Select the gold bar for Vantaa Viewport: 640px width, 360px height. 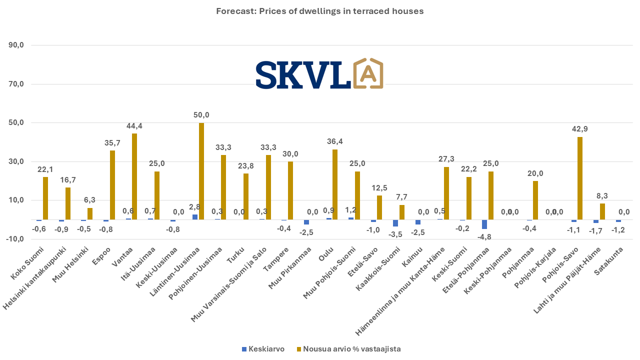pyautogui.click(x=134, y=176)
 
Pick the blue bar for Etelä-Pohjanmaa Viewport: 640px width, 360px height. pyautogui.click(x=484, y=224)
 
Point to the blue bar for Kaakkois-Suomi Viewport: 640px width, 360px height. pyautogui.click(x=395, y=223)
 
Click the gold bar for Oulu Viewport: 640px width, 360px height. pyautogui.click(x=335, y=184)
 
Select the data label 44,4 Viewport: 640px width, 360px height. pyautogui.click(x=135, y=126)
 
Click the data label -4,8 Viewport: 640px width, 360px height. pyautogui.click(x=484, y=236)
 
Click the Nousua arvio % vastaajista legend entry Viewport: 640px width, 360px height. pyautogui.click(x=352, y=349)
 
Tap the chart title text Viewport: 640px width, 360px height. pyautogui.click(x=320, y=11)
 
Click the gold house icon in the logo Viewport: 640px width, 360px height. pyautogui.click(x=368, y=74)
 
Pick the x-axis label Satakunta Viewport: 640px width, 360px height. pyautogui.click(x=608, y=259)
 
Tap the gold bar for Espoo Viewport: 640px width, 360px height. pyautogui.click(x=112, y=185)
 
